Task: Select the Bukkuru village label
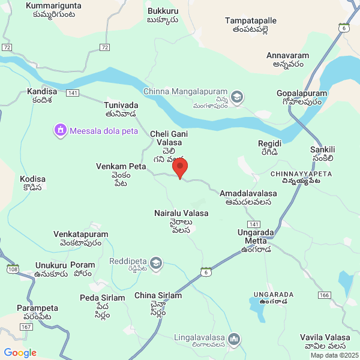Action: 163,15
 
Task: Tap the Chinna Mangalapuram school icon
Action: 238,97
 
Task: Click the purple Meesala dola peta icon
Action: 59,130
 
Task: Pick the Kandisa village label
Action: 42,95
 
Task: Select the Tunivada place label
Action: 121,109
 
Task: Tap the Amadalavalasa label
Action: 248,197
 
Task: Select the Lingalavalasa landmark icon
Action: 234,340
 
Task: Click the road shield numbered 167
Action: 26,327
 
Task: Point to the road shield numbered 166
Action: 325,295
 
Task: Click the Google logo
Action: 20,353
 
